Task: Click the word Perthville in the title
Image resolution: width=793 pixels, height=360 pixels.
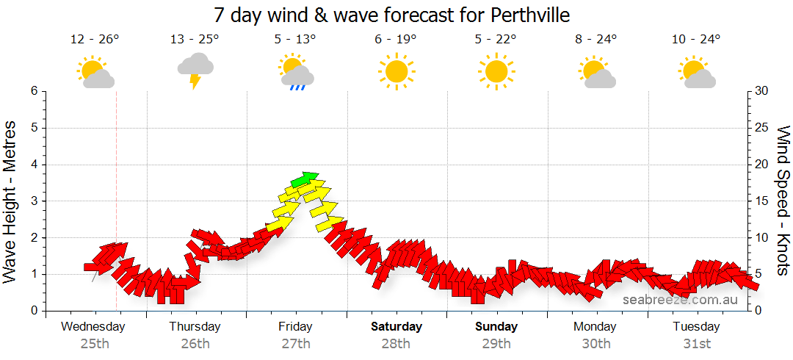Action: (x=524, y=15)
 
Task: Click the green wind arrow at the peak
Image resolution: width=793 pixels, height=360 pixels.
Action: (x=304, y=179)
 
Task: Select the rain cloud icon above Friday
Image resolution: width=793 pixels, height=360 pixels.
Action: (x=297, y=73)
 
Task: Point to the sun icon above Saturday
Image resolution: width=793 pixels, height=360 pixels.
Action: (x=396, y=71)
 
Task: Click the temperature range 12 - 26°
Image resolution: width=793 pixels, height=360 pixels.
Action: (x=95, y=39)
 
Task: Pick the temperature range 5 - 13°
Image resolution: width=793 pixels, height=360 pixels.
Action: (x=295, y=39)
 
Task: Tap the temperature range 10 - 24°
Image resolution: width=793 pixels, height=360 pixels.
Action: (x=695, y=39)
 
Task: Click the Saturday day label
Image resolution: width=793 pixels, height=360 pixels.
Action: (x=396, y=326)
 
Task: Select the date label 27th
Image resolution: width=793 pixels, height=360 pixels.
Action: (x=295, y=343)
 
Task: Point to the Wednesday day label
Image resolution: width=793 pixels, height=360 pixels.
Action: (x=93, y=326)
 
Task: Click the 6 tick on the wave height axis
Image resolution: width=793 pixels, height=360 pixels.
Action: (x=34, y=91)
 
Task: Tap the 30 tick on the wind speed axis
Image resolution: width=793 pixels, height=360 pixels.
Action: (x=761, y=91)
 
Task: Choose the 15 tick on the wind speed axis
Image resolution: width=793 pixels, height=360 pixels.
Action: (x=761, y=201)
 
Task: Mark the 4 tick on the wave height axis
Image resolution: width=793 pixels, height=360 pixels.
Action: (x=34, y=165)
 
